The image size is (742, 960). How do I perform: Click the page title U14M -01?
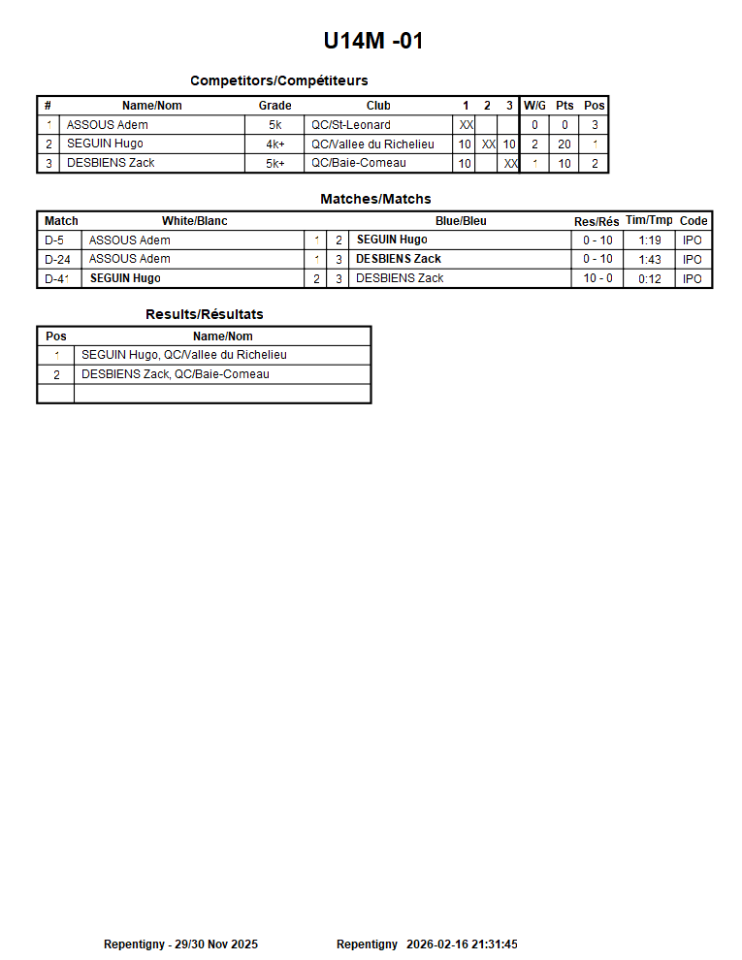pos(373,41)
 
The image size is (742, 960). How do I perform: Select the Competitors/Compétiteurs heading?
pos(278,80)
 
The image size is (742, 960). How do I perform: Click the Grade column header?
pos(274,106)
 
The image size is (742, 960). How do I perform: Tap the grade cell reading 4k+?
pos(275,144)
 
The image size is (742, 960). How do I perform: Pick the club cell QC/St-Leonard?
pos(351,125)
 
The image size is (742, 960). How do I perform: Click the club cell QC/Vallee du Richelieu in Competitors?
pos(373,144)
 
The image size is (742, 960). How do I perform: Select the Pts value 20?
pos(565,144)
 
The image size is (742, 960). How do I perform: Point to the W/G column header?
pos(534,106)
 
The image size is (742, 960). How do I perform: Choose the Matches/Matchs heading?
pos(375,199)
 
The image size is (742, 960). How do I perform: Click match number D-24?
pos(59,259)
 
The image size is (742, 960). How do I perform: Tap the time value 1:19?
pos(650,240)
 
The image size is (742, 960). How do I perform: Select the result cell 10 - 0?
pos(597,278)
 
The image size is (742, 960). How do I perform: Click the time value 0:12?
pos(650,278)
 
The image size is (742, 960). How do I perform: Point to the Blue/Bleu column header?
pos(461,221)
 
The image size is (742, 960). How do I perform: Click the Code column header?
pos(694,221)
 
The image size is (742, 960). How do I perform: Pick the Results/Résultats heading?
pos(204,314)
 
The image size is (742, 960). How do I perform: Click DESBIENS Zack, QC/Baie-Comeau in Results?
pos(176,374)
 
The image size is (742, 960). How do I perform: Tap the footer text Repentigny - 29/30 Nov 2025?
pos(180,944)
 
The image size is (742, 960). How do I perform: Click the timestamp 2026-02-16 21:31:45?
pos(462,944)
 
